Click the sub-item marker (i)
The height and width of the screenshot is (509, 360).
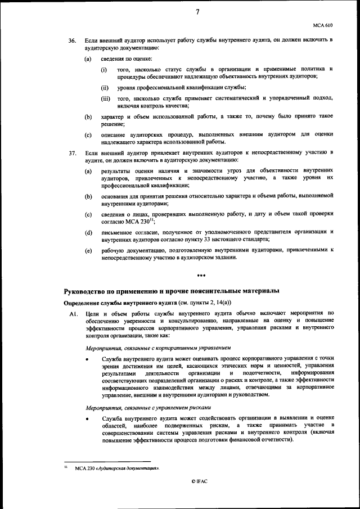coord(104,69)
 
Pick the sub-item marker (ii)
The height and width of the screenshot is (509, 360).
coord(105,88)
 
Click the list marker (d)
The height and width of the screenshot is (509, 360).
coord(88,232)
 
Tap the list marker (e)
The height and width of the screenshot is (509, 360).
coord(88,250)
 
